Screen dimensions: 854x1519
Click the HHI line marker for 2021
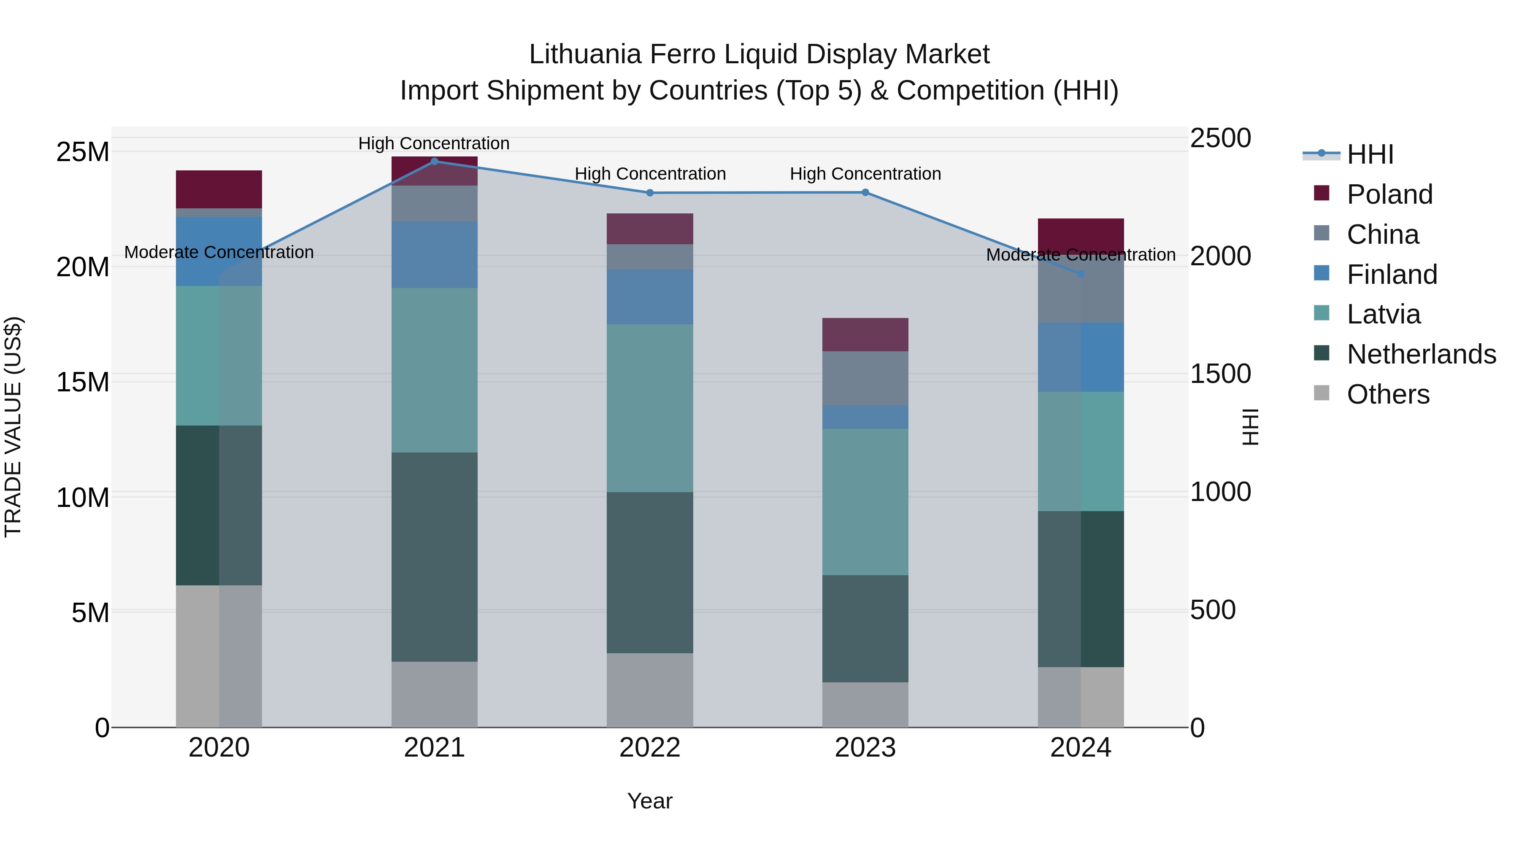click(x=435, y=161)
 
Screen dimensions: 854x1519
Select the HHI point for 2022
click(x=650, y=193)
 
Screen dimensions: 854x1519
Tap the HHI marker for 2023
click(x=865, y=192)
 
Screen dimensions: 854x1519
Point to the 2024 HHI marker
click(x=1081, y=274)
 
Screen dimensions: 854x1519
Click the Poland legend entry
click(x=1389, y=194)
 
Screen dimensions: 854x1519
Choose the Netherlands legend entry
click(x=1421, y=354)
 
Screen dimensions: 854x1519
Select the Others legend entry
click(x=1388, y=394)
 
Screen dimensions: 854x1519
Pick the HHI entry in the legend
click(x=1370, y=154)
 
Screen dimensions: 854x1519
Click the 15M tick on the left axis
click(x=83, y=382)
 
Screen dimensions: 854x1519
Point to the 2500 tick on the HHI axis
click(x=1220, y=138)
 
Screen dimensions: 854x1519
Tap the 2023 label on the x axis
click(x=865, y=748)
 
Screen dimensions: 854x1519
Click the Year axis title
click(x=650, y=801)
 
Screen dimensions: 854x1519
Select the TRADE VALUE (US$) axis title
click(x=13, y=427)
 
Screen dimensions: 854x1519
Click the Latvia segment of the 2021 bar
click(x=435, y=370)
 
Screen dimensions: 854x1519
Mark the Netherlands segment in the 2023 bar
click(x=865, y=628)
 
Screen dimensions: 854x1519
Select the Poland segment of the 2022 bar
click(x=650, y=229)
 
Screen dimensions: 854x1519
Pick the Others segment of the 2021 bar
click(x=435, y=694)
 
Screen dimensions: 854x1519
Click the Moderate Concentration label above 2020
click(x=219, y=252)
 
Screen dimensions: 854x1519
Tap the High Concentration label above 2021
click(x=434, y=143)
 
